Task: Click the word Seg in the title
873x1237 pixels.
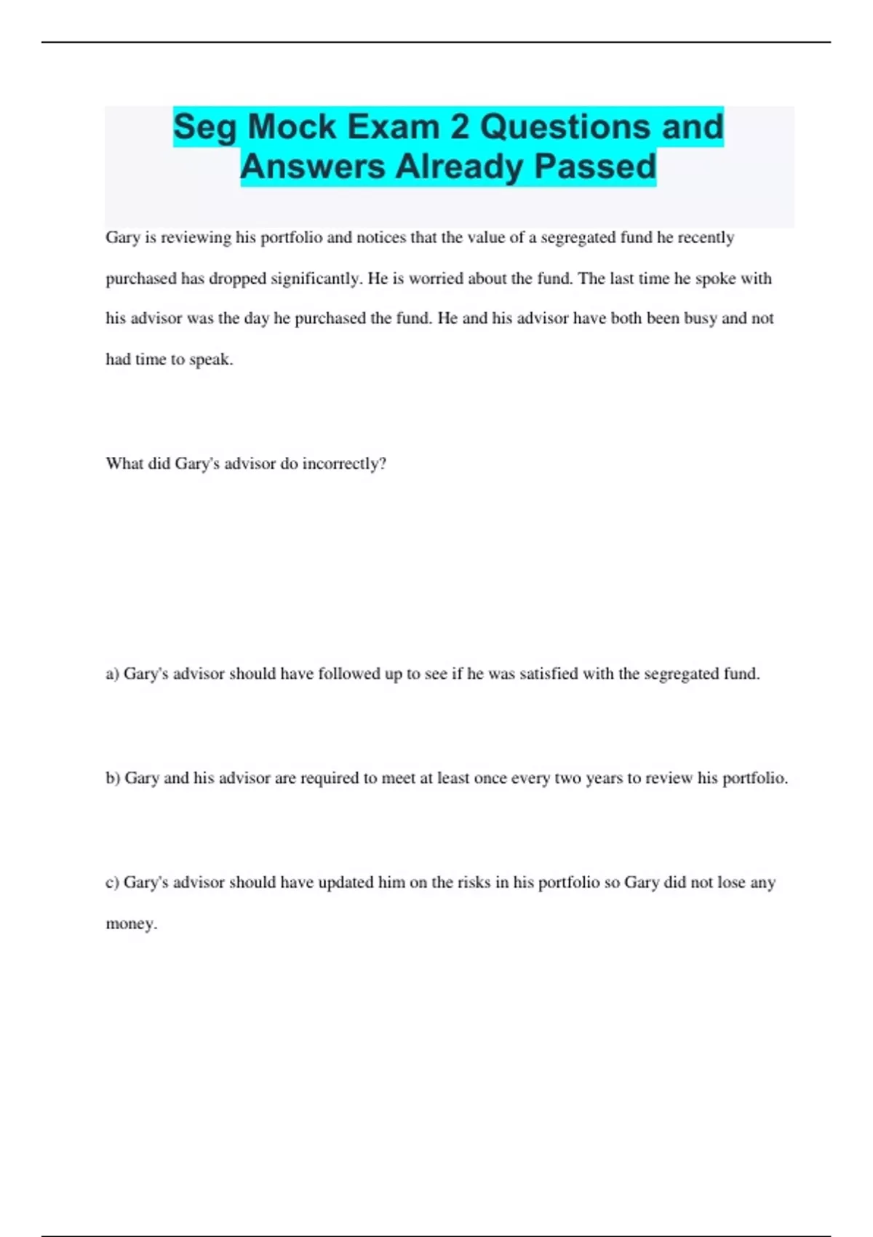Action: pos(204,128)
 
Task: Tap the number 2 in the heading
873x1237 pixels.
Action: pos(459,127)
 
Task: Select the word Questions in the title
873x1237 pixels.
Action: pos(565,127)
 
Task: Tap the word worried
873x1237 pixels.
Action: pos(436,279)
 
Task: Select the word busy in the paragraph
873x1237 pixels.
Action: pos(701,319)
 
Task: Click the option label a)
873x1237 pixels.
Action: pos(112,675)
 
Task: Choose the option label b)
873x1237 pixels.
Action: pos(113,779)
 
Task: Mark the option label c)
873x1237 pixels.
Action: pos(112,883)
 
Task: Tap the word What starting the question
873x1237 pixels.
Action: pos(124,464)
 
